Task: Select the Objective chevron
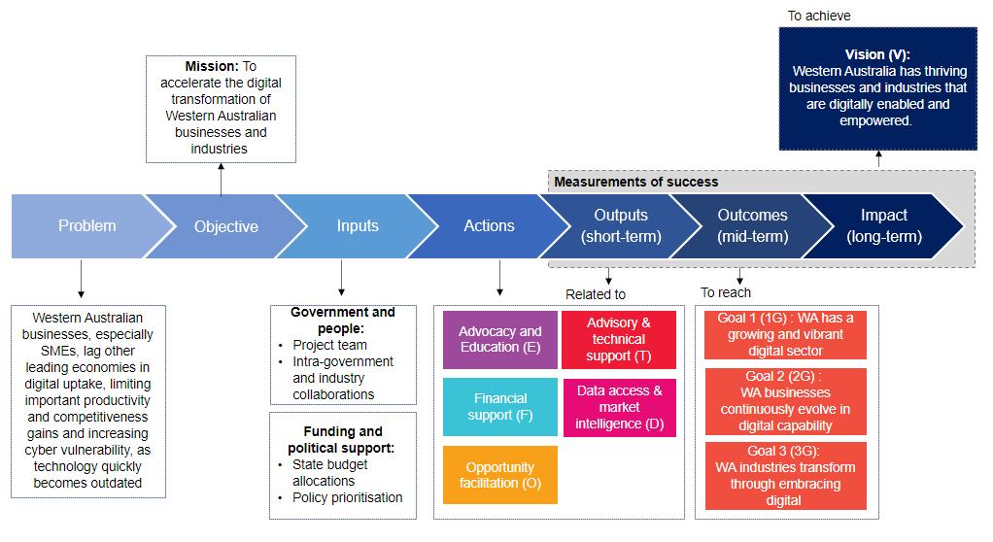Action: (225, 226)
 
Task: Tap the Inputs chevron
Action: (358, 226)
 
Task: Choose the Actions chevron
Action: (489, 226)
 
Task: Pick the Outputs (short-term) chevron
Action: (620, 226)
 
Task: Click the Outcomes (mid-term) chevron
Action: (752, 226)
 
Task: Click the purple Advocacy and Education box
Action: (500, 340)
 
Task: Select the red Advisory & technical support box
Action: (619, 340)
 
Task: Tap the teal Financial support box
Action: (500, 406)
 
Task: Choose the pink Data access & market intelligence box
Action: (619, 407)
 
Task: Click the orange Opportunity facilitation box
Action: (500, 475)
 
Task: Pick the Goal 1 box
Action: (785, 335)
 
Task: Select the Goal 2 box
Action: (785, 400)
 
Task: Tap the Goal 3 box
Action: (785, 476)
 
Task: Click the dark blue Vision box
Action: (878, 88)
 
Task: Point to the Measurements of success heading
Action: (636, 182)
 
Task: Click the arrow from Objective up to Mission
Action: (221, 179)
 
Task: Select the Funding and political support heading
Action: (342, 440)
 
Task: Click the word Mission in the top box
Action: (212, 67)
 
